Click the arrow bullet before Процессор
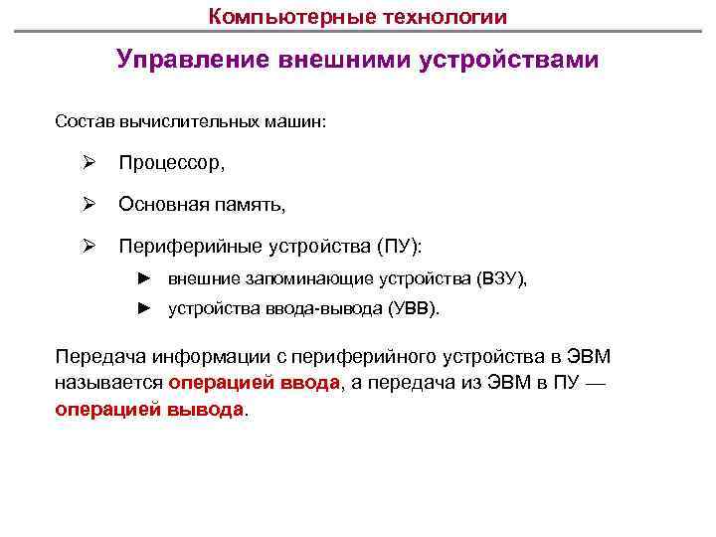(x=89, y=162)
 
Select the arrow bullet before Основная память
(x=89, y=205)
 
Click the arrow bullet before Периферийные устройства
(x=89, y=245)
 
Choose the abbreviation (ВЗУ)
(x=500, y=279)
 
